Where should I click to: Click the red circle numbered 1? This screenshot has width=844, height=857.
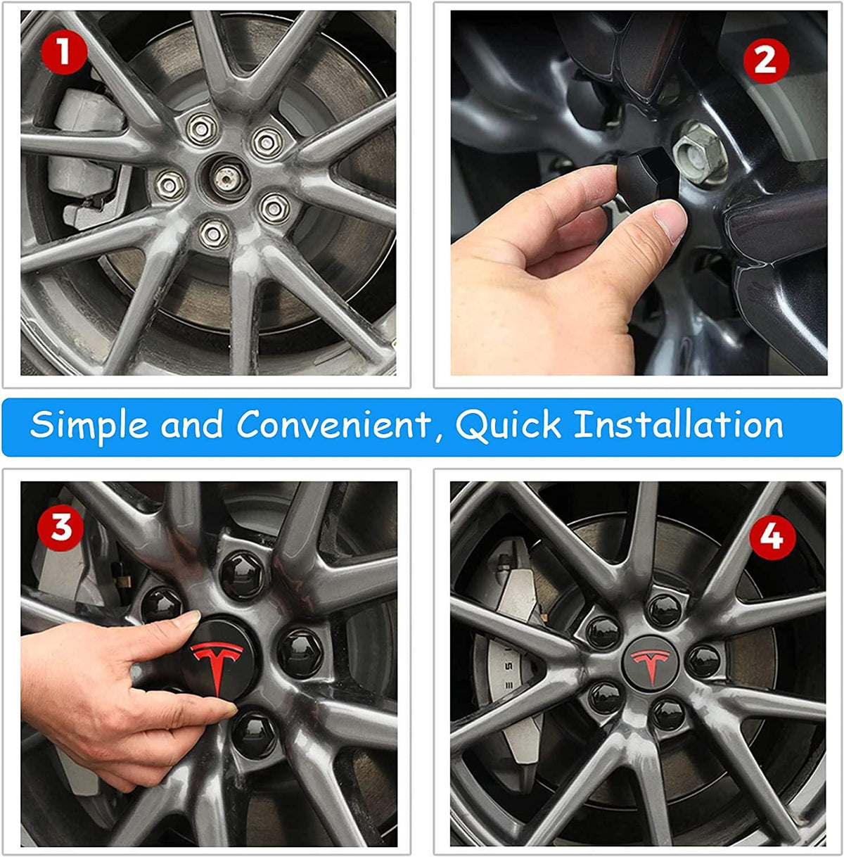(x=63, y=53)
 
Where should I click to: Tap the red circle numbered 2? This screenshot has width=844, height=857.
(x=765, y=61)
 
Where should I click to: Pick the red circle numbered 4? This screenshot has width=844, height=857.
(x=772, y=538)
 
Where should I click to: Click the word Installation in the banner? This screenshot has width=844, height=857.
(x=679, y=425)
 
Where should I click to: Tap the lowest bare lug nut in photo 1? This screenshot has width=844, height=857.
(x=212, y=233)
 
